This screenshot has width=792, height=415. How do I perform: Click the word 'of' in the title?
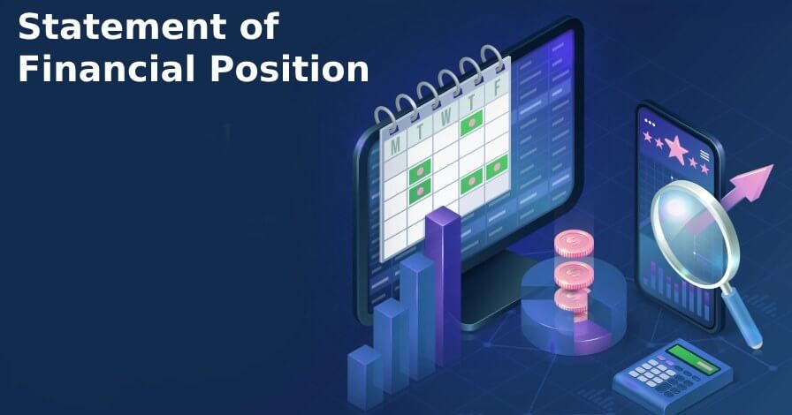256,27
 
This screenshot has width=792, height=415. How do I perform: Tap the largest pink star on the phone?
677,147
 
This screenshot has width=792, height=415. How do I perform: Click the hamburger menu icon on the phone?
704,155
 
